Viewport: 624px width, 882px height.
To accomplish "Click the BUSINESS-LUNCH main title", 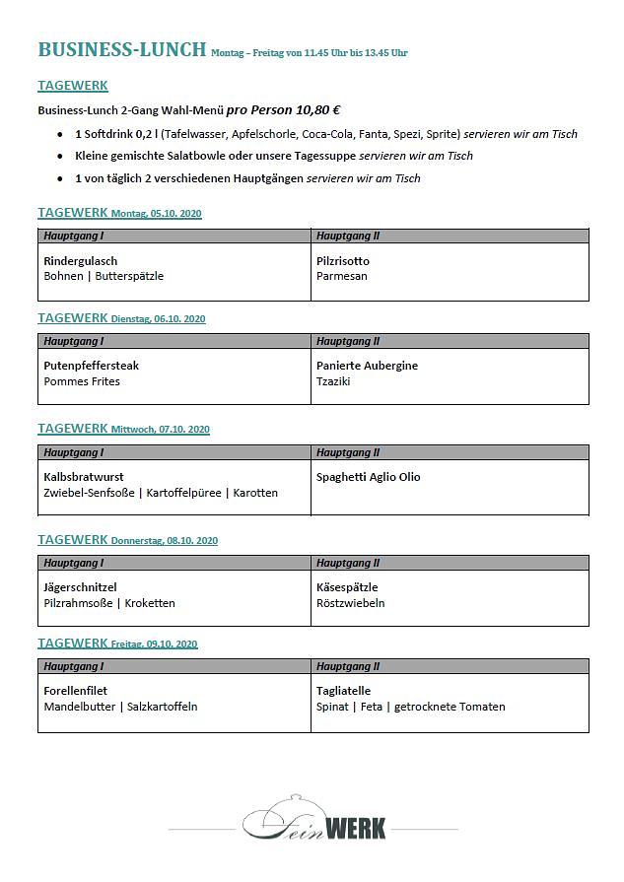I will [x=121, y=50].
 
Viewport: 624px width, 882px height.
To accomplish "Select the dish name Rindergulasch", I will [x=81, y=261].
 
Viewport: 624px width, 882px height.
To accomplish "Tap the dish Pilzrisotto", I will [x=343, y=261].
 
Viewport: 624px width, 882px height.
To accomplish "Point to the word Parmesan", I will [x=342, y=277].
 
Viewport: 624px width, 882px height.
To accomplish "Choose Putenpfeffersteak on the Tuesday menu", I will [x=92, y=366].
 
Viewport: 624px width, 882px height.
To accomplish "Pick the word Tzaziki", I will [x=336, y=381].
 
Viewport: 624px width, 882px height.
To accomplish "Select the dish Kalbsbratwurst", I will [x=85, y=477].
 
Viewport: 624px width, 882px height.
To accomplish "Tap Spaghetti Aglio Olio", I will [x=369, y=477].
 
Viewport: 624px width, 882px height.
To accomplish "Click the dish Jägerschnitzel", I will [x=80, y=587].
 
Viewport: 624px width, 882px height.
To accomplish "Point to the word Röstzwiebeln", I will [x=351, y=603].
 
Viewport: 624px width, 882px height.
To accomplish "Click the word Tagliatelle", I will [x=344, y=691].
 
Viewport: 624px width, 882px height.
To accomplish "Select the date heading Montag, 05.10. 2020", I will [x=157, y=214].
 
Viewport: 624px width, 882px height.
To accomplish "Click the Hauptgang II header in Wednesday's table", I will [x=348, y=452].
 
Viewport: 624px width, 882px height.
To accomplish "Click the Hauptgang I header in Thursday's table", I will [x=74, y=563].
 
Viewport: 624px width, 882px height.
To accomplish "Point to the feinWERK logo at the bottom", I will [x=314, y=820].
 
